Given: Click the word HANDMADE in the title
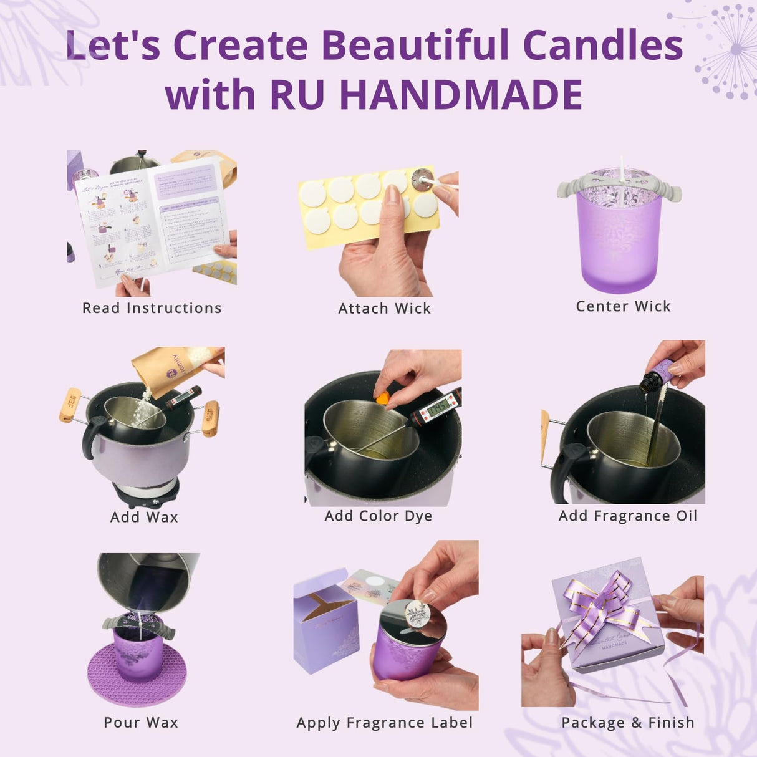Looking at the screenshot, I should click(461, 95).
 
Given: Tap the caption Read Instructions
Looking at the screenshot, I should click(152, 308).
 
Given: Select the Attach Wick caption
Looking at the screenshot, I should click(384, 309).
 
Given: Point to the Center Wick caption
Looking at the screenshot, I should click(623, 306).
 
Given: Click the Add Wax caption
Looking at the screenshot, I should click(144, 517).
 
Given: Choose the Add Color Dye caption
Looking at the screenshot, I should click(378, 516).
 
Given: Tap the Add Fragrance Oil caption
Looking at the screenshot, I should click(627, 516).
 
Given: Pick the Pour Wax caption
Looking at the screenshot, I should click(141, 723).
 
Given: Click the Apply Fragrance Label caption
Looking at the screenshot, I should click(384, 723).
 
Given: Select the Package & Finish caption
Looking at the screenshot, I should click(627, 723).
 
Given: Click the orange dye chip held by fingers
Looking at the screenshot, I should click(382, 398).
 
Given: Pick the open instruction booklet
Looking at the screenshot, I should click(153, 221).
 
